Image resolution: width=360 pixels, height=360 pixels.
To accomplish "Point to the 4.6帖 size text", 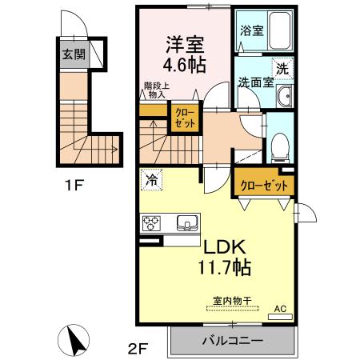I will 185,64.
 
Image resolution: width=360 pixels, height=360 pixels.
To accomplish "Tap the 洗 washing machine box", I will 282,68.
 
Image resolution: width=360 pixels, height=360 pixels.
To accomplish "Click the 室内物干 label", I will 232,301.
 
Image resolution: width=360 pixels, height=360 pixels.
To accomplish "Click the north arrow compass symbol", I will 78,341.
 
